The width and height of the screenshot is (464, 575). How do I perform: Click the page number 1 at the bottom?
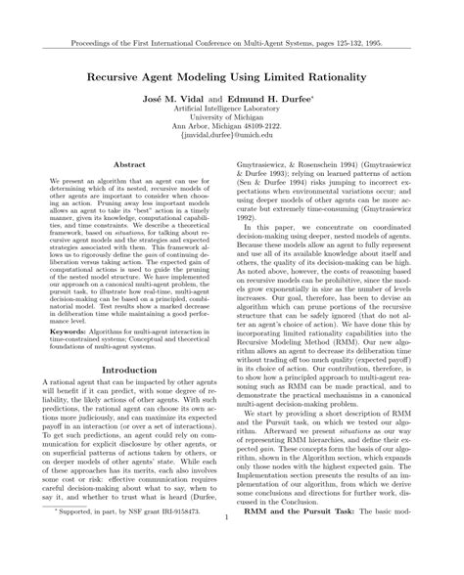pos(231,549)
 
